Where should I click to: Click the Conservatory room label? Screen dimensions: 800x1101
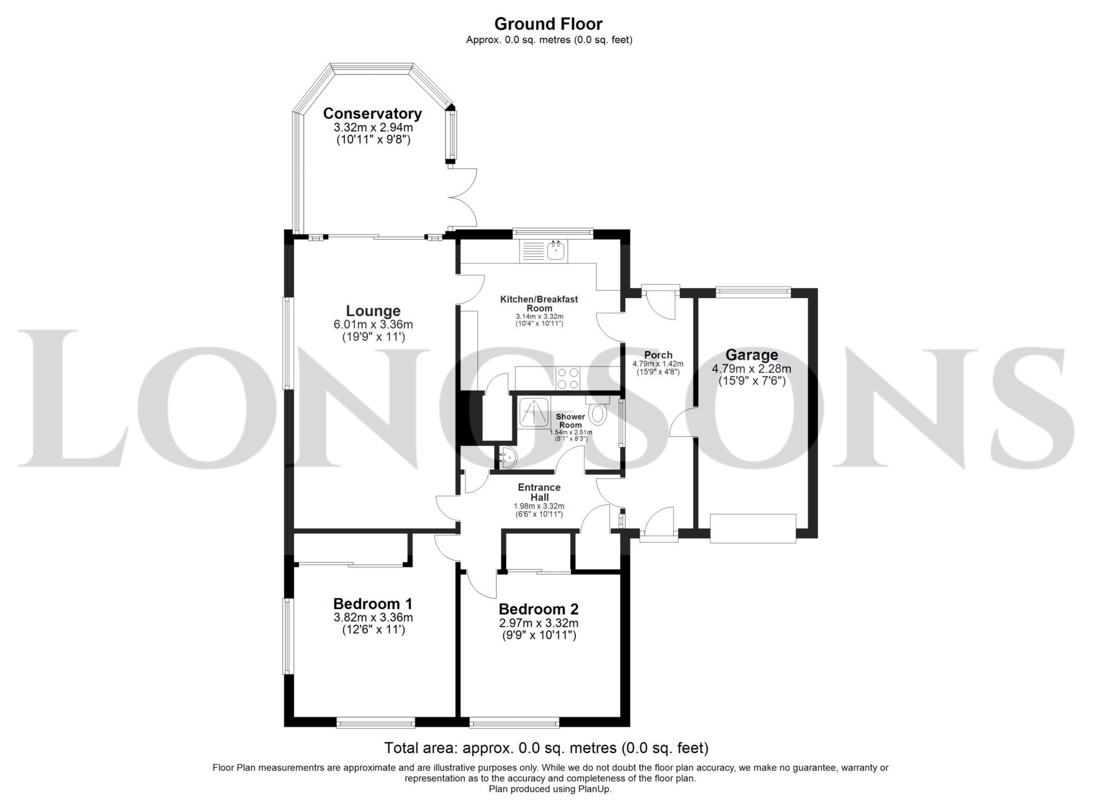tap(372, 114)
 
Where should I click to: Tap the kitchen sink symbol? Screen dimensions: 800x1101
tap(556, 251)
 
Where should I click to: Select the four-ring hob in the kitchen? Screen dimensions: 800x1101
tap(568, 378)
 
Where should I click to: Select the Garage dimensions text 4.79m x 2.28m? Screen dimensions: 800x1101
tap(751, 369)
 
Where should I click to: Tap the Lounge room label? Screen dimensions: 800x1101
tap(373, 311)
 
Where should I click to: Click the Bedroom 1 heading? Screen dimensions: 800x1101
tap(373, 603)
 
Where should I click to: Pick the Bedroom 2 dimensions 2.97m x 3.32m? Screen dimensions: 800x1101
tap(538, 623)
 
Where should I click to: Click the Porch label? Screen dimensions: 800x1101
tap(658, 355)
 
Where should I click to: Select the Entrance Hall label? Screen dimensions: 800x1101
tap(539, 492)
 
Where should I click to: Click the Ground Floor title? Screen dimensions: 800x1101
tap(548, 24)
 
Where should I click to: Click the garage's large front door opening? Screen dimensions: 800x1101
tap(752, 528)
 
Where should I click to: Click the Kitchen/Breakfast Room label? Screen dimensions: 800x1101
tap(539, 304)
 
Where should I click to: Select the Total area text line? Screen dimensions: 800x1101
tap(546, 748)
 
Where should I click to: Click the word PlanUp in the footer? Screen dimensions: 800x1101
tap(594, 789)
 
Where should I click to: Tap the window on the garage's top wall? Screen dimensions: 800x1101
tap(753, 292)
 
